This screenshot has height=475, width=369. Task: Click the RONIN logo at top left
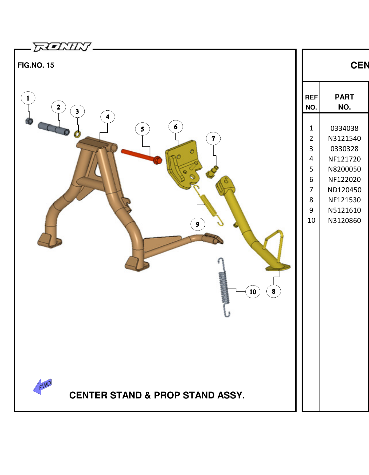(x=62, y=47)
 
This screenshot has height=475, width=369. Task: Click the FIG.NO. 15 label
(x=36, y=65)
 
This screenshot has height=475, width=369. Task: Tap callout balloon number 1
(x=28, y=98)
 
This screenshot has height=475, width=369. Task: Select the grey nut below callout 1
(x=29, y=121)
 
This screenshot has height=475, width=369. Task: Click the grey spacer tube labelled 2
(x=54, y=129)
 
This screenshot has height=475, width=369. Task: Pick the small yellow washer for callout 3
(x=77, y=134)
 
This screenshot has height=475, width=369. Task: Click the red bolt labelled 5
(x=141, y=156)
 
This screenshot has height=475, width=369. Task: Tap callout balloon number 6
(x=176, y=127)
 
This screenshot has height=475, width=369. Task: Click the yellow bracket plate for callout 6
(x=183, y=165)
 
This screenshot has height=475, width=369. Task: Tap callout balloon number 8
(x=273, y=291)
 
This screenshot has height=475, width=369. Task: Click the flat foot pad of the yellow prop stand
(x=278, y=267)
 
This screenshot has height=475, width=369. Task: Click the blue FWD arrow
(x=43, y=386)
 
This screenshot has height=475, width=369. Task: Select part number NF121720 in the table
(x=344, y=159)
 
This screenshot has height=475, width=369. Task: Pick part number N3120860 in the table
(x=344, y=220)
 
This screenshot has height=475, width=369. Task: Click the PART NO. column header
(x=344, y=102)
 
